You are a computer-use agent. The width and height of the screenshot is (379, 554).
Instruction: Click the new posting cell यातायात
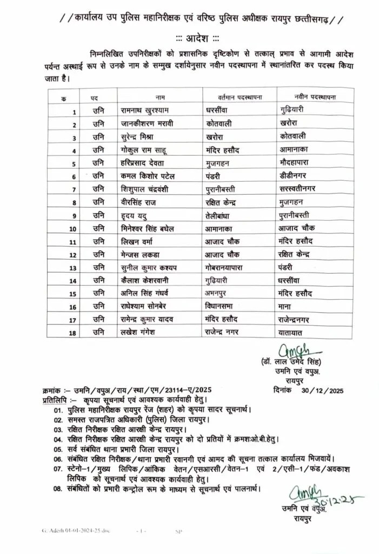pyautogui.click(x=290, y=332)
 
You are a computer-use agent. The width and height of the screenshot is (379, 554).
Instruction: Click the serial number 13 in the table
pyautogui.click(x=73, y=267)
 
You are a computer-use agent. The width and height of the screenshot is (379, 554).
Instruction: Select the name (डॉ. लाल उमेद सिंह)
pyautogui.click(x=290, y=362)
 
